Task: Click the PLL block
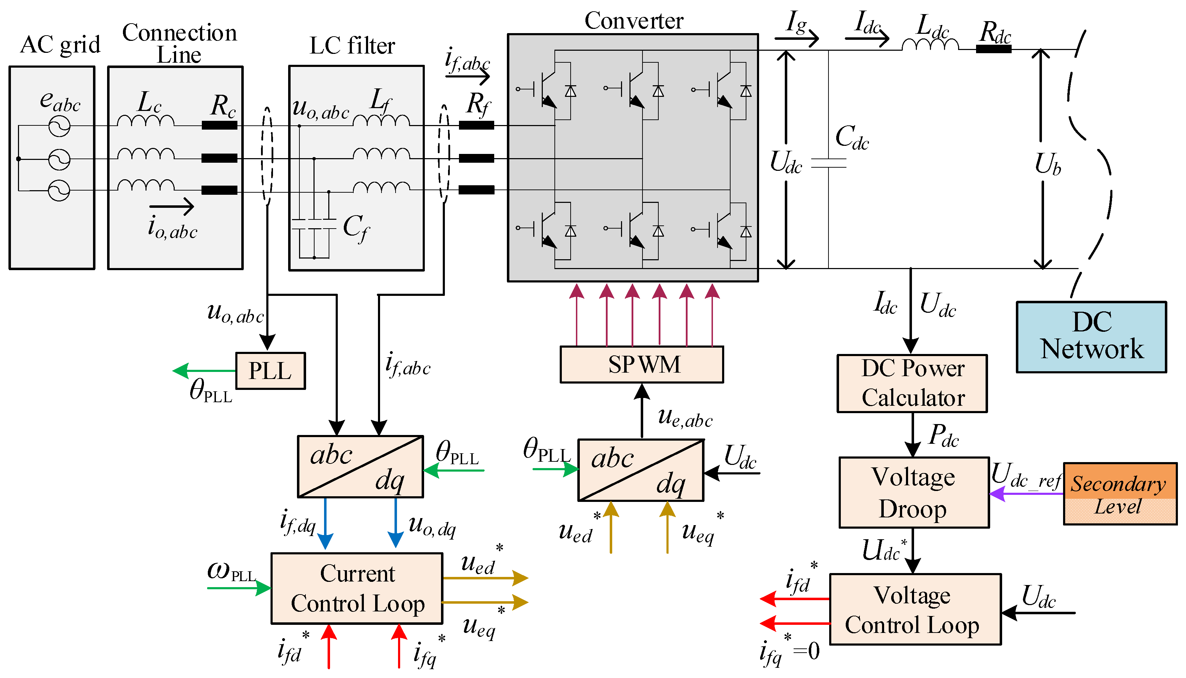pos(270,371)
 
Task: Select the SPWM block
pos(642,365)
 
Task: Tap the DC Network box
pos(1091,337)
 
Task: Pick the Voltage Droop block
pos(914,493)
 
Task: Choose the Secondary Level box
pos(1119,493)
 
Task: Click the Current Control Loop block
pos(357,589)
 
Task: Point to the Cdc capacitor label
pos(852,137)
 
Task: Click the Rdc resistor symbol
pos(993,49)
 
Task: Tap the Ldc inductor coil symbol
pos(930,45)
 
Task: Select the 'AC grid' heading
pos(60,45)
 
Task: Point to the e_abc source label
pos(60,101)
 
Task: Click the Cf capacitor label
pos(356,228)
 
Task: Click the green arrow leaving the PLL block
pos(204,371)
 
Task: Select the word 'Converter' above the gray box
pos(633,20)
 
